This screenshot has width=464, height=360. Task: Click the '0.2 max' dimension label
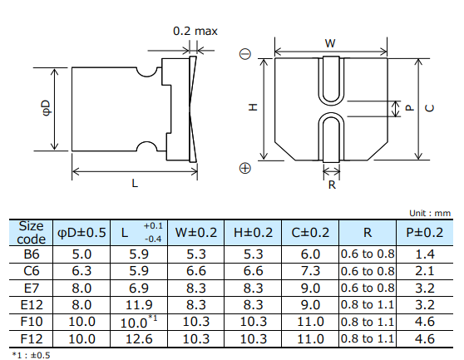(x=195, y=32)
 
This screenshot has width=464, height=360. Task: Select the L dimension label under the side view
(x=135, y=185)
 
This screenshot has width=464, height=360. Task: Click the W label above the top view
(x=330, y=42)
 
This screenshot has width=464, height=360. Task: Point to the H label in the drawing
(x=253, y=107)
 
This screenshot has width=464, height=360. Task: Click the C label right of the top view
(x=428, y=108)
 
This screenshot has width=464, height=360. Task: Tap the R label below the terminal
(x=331, y=185)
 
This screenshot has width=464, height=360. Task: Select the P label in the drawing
(x=409, y=108)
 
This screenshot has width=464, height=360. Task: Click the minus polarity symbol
(x=244, y=55)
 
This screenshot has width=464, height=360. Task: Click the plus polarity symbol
(x=244, y=168)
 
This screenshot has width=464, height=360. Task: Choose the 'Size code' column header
(x=31, y=232)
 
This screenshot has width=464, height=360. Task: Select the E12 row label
(x=31, y=304)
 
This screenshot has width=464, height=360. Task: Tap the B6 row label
(x=31, y=254)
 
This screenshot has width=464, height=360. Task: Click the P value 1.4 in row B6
(x=425, y=254)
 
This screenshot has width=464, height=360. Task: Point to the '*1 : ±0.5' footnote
(x=28, y=354)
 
